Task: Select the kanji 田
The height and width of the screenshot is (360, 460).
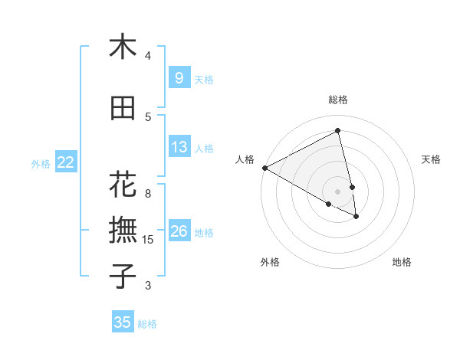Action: (x=123, y=108)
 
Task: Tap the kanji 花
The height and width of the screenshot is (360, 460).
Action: (x=123, y=185)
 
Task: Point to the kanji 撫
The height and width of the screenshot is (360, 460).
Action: (x=123, y=231)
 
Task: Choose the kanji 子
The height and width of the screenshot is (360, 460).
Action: (x=123, y=276)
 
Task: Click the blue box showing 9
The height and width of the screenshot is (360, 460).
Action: (x=179, y=77)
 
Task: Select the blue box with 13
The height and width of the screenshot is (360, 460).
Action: (x=179, y=147)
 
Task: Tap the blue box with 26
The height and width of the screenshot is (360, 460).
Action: (x=179, y=231)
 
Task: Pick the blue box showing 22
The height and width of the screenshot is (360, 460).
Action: (x=66, y=162)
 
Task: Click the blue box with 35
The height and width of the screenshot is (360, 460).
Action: (x=123, y=322)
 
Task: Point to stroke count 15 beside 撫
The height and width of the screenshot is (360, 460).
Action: (x=148, y=240)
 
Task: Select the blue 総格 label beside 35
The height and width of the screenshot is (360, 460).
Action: (x=147, y=324)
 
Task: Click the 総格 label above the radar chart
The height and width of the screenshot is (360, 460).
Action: (x=338, y=100)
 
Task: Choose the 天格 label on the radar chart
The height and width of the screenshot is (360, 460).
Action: (x=431, y=159)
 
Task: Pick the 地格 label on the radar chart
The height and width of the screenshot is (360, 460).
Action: (x=402, y=262)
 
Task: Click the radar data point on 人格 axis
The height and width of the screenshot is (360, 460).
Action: (x=264, y=167)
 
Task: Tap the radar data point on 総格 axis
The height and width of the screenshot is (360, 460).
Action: (x=338, y=131)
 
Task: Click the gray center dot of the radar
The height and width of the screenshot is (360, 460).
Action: (x=338, y=191)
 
